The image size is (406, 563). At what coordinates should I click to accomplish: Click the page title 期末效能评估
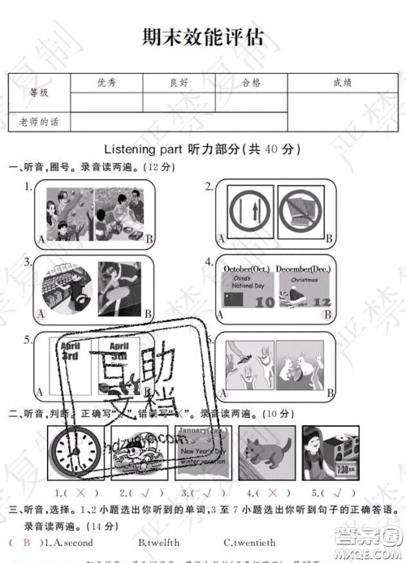203,38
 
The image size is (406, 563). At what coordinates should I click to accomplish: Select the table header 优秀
106,82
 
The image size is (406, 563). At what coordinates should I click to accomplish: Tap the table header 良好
179,82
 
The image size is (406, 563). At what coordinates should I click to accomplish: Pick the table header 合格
251,82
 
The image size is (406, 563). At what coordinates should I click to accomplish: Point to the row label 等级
39,92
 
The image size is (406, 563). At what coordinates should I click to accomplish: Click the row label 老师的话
39,122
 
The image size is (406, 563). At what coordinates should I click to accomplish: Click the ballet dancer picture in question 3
122,288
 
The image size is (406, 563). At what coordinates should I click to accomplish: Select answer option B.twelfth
159,543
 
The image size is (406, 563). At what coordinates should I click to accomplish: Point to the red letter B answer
27,543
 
